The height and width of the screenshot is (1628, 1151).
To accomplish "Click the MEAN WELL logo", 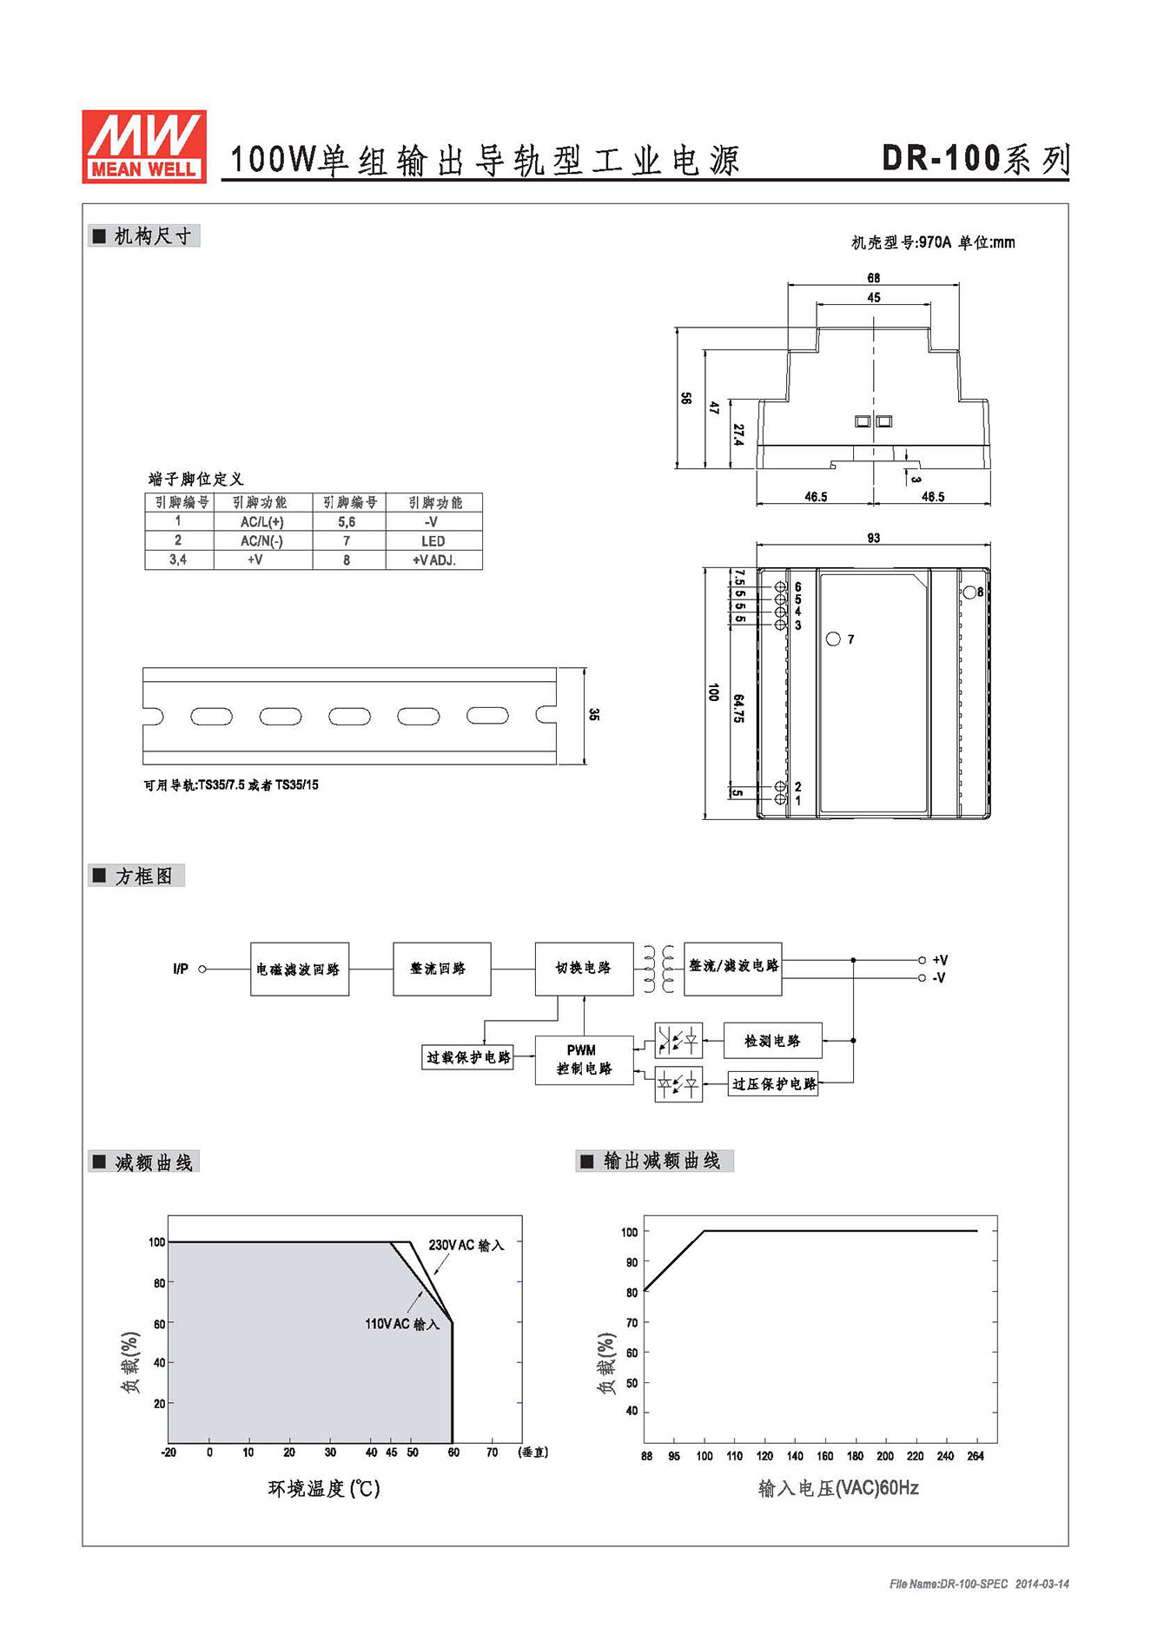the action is (144, 146).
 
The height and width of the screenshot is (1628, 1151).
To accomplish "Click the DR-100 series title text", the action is (976, 159).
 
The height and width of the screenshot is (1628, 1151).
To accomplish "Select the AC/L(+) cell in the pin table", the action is (262, 521).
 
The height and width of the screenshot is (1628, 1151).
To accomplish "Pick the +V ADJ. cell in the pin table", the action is (434, 560).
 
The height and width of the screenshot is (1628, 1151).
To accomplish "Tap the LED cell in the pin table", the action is (433, 541).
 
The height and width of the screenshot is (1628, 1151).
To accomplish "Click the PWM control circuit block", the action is (584, 1060).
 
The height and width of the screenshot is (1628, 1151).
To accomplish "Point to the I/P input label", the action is (181, 969).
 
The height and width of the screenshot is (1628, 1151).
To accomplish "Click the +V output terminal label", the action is (940, 960).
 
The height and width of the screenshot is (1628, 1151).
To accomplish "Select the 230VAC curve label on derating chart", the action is (466, 1245).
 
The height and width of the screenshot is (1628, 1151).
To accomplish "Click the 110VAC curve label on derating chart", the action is (402, 1324).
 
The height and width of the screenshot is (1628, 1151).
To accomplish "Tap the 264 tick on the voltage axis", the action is (976, 1456).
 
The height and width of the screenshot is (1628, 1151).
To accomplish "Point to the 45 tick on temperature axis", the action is (392, 1453).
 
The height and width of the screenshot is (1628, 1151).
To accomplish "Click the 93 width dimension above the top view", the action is (873, 538).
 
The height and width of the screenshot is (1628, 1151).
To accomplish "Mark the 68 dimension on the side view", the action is (873, 278).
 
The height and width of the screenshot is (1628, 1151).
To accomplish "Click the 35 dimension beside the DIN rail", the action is (593, 714).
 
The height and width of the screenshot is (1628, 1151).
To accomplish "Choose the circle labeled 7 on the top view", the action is (833, 639).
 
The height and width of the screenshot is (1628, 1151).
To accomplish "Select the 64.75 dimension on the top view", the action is (738, 708).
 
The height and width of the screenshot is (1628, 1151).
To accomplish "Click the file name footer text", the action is (979, 1584).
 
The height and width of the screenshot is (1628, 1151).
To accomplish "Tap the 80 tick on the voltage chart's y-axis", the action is (632, 1293).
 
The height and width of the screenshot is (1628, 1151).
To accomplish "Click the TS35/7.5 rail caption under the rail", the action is (231, 784).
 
